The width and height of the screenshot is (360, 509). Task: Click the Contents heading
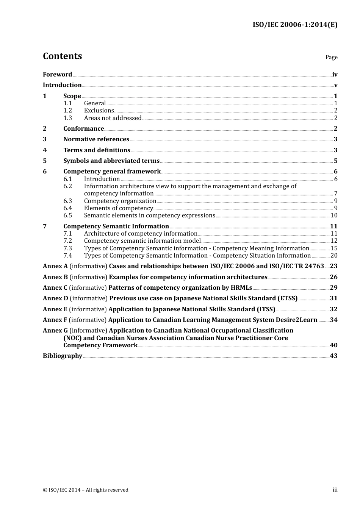click(62, 56)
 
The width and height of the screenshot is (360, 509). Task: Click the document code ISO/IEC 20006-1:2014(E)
click(295, 25)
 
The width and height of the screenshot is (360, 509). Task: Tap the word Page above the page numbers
click(331, 57)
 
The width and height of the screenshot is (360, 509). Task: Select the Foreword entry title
click(57, 75)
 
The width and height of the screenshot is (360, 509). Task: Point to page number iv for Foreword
click(335, 75)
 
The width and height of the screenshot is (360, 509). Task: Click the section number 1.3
click(67, 118)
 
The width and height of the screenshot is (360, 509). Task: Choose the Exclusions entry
click(99, 111)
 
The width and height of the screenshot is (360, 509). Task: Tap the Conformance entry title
click(83, 129)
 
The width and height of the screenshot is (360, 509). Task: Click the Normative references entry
click(96, 139)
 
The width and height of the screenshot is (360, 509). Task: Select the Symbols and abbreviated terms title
click(111, 161)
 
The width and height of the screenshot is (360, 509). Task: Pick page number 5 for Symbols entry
click(335, 161)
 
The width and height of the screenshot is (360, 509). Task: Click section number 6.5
click(67, 215)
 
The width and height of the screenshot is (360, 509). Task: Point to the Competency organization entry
click(120, 201)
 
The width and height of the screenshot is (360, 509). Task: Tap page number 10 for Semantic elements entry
click(334, 215)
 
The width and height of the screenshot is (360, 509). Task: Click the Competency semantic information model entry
click(142, 241)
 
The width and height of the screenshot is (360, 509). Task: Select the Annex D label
click(55, 298)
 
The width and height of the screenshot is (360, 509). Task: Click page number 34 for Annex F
click(333, 320)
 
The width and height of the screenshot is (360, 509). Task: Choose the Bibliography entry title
click(63, 356)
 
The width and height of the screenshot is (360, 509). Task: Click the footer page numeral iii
click(335, 490)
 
